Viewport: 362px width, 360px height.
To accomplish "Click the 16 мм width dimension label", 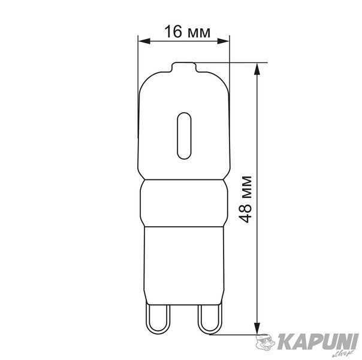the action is tap(187, 32).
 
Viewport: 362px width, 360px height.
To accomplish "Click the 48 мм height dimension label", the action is tap(245, 199).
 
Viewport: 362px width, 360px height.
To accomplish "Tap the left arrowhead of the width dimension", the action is tap(144, 41).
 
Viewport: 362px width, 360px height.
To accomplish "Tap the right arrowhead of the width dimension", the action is tap(224, 41).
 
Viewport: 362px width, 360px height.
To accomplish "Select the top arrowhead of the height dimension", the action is tap(257, 69).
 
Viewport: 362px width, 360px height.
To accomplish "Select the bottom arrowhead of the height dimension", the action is tap(257, 328).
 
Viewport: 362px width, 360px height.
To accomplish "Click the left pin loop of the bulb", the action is tap(158, 319).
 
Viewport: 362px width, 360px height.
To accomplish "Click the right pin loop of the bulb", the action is tap(210, 319).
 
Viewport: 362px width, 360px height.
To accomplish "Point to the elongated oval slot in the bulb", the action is tap(184, 136).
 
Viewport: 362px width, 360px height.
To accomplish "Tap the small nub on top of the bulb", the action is tap(184, 67).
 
